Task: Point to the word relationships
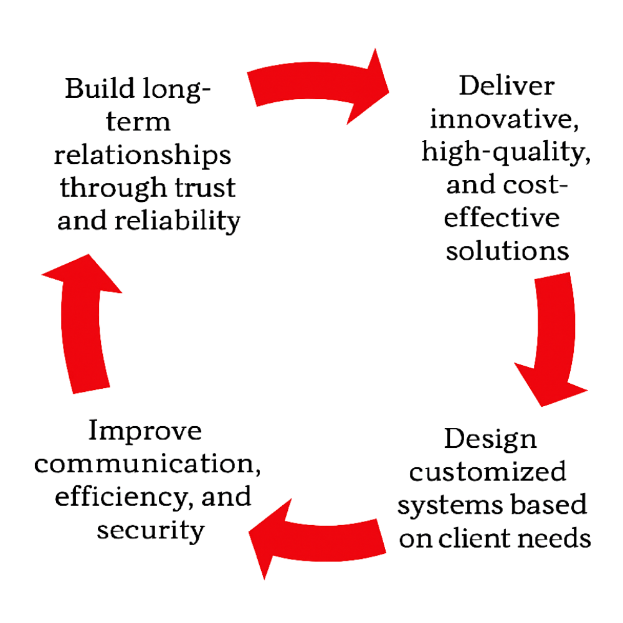point(143,156)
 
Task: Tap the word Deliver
point(505,85)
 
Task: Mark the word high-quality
point(506,152)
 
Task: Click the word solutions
point(508,251)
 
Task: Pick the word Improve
point(146,431)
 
